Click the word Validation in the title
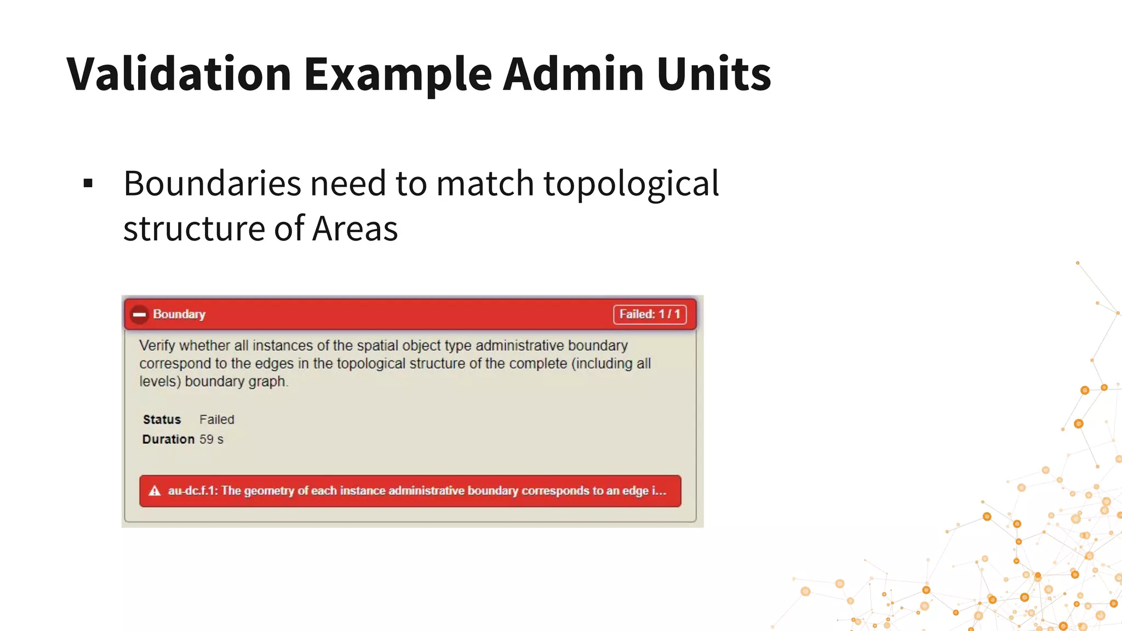[x=179, y=73]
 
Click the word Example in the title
[x=398, y=73]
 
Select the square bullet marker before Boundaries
[x=88, y=183]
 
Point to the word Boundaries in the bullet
[x=212, y=183]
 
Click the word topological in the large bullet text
[x=631, y=184]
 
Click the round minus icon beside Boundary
[x=139, y=314]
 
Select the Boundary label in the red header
[x=179, y=314]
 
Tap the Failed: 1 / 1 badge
[x=649, y=314]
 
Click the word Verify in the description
[x=157, y=346]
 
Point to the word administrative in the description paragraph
[x=519, y=346]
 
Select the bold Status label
[x=162, y=420]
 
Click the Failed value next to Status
[x=216, y=420]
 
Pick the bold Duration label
[x=168, y=439]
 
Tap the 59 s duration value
[x=211, y=439]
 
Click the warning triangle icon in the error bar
[x=155, y=491]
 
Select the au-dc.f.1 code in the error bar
[x=192, y=491]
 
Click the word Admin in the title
[x=573, y=73]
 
